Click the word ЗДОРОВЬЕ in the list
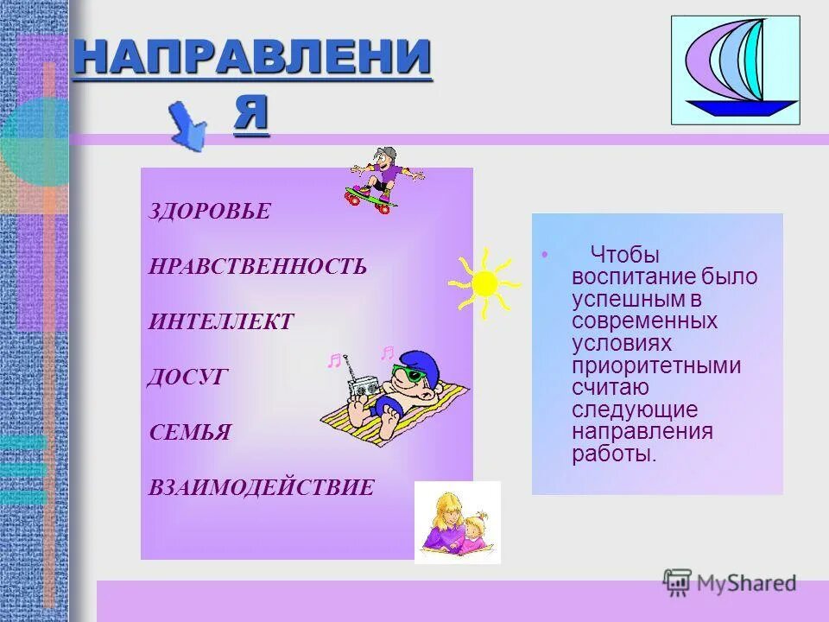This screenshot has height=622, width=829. [210, 212]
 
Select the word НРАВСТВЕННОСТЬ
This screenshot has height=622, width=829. [257, 266]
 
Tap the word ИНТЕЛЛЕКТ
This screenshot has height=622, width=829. [221, 322]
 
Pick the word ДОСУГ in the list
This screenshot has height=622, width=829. [187, 377]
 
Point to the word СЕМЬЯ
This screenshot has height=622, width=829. [190, 432]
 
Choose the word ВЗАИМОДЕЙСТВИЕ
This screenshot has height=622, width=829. [262, 488]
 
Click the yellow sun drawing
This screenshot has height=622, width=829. [484, 282]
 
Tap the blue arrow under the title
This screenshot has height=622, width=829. [189, 126]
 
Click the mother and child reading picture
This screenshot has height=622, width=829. [457, 522]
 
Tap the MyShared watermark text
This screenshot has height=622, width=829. [744, 583]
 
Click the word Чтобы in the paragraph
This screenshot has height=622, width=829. [625, 255]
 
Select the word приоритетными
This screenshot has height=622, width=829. [656, 365]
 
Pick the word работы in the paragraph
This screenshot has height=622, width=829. [613, 454]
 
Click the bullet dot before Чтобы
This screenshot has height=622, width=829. [544, 256]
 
